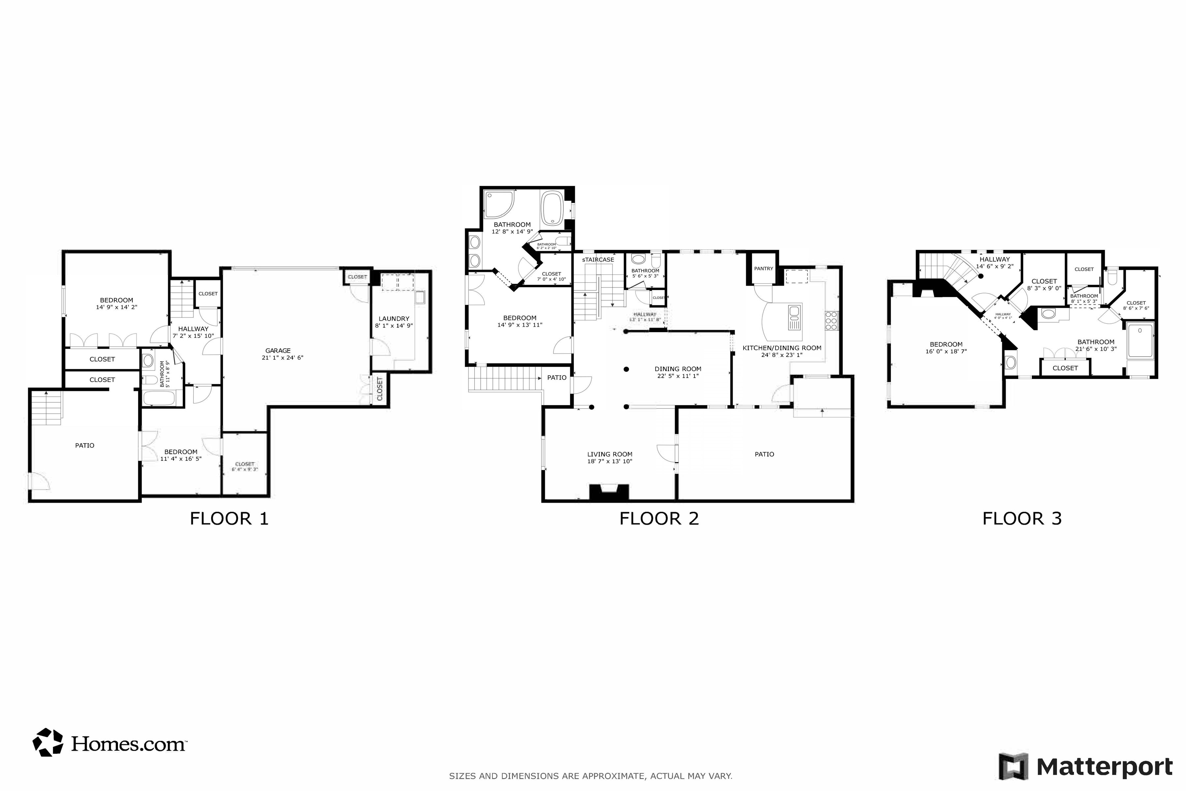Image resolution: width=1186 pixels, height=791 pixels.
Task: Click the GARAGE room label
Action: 278,351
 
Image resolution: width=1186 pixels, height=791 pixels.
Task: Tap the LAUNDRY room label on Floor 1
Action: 394,319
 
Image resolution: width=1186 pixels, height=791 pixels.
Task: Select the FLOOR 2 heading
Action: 659,518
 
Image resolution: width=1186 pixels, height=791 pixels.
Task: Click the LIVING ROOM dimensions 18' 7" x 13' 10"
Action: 610,461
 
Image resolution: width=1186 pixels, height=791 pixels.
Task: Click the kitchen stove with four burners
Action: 831,321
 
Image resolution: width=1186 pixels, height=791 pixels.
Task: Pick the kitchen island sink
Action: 794,317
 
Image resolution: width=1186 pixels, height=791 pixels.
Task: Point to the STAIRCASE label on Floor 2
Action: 598,260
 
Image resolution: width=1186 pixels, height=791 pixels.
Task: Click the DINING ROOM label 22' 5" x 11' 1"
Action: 678,372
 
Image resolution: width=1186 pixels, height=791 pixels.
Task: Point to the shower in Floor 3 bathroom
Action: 1140,341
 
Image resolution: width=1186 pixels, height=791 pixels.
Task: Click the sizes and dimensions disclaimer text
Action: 590,776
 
